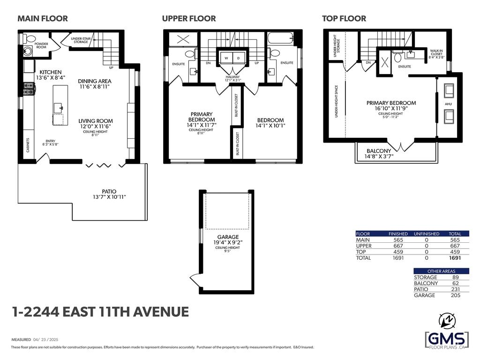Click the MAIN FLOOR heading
[x=43, y=19]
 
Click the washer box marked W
[x=226, y=58]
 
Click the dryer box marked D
[x=238, y=58]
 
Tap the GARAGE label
[x=228, y=237]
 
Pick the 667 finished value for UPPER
[x=398, y=246]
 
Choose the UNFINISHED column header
[x=427, y=233]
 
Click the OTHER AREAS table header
[x=441, y=271]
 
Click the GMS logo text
[x=446, y=338]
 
